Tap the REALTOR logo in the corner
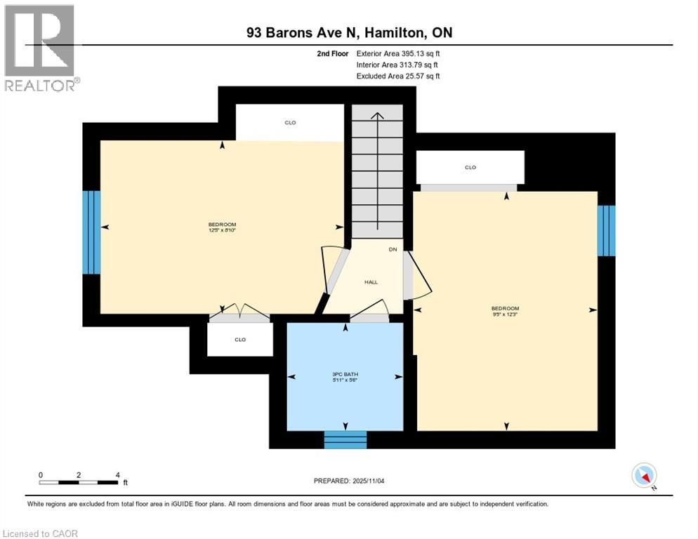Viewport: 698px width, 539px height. [40, 48]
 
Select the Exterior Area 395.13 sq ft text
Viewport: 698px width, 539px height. [398, 53]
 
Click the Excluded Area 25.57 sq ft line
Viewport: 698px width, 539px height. [398, 76]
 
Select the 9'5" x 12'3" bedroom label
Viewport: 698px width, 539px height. [505, 312]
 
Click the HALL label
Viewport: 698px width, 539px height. [371, 282]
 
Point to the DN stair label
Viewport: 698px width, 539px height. [393, 249]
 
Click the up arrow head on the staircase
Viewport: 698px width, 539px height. [378, 116]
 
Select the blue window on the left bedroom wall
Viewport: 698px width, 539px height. [91, 232]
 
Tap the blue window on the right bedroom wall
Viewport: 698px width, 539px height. [606, 230]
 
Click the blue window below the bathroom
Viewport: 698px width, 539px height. [345, 439]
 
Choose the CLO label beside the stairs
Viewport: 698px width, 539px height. [290, 123]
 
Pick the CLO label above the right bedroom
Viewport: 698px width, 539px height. [470, 168]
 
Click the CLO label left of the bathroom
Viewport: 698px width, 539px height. [240, 340]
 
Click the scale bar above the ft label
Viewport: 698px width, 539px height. [79, 482]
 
